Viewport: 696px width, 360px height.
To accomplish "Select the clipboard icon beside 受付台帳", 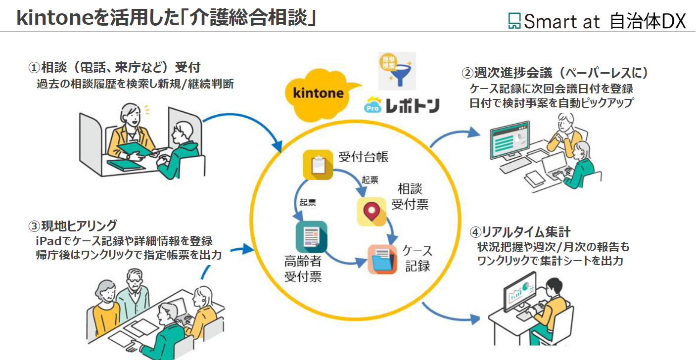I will tap(317, 165).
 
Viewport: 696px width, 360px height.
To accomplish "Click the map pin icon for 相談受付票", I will tap(371, 212).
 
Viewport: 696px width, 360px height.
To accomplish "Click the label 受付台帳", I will tap(364, 157).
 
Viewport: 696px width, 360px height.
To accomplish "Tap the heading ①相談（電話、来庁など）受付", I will tap(114, 67).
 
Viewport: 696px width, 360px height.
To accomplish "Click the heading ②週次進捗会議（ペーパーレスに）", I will tap(555, 73).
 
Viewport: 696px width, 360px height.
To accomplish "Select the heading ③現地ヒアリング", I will tap(73, 225).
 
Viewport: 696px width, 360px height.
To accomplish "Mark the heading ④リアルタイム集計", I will tap(520, 231).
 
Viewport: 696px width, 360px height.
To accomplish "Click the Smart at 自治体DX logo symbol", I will tap(515, 21).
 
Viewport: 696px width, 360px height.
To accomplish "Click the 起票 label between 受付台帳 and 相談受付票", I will tap(370, 180).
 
